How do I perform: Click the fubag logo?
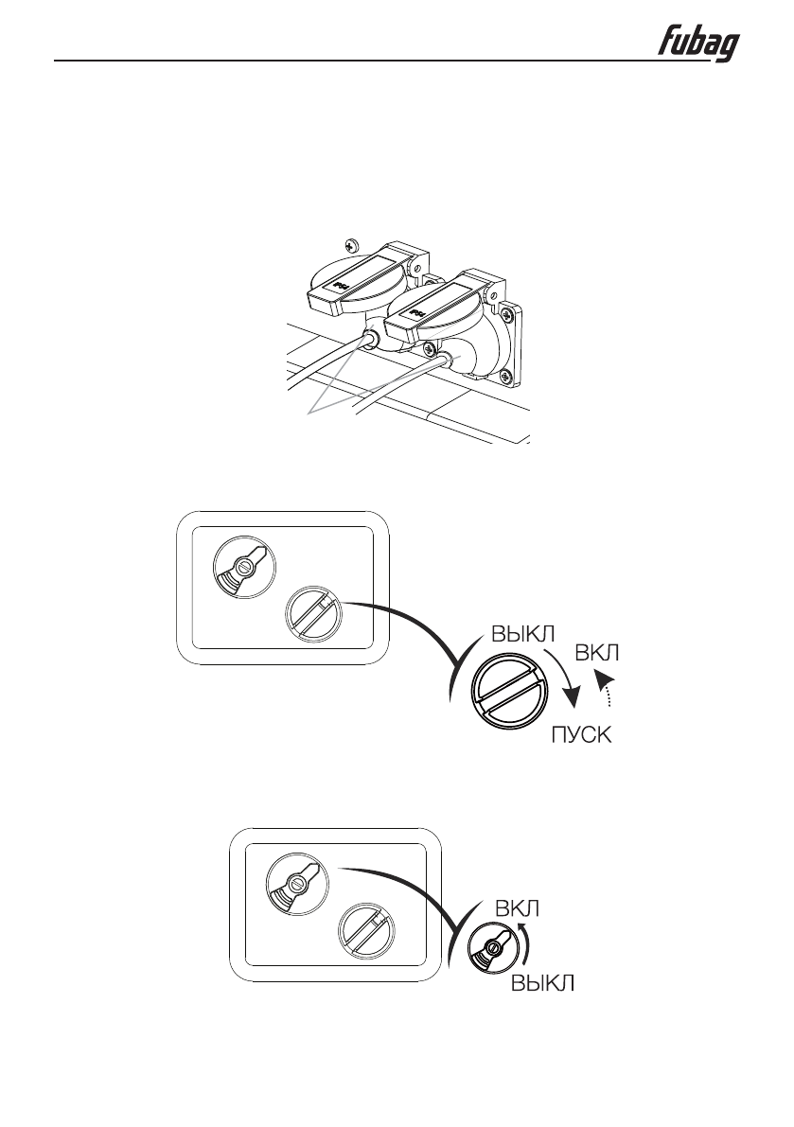pos(699,45)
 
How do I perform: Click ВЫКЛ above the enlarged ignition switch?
pos(524,633)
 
